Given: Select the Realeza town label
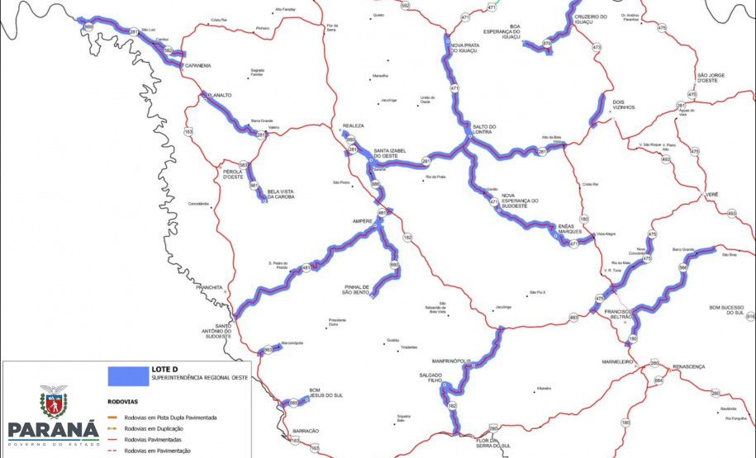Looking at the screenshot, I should (x=353, y=126).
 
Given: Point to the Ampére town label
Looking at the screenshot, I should (x=363, y=221).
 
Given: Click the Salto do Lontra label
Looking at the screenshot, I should (x=483, y=129).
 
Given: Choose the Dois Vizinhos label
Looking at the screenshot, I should (x=624, y=105).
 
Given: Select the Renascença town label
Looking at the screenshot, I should (x=687, y=365).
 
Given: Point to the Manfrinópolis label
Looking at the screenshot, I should (x=451, y=361).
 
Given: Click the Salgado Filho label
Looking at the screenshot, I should (x=429, y=378).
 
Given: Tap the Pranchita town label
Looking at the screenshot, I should (x=209, y=287).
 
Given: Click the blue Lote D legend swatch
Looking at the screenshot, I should (x=127, y=375).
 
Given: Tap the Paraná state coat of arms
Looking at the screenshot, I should (x=53, y=402).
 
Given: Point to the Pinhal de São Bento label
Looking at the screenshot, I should (x=360, y=289).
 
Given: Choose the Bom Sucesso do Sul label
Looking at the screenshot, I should (x=727, y=310).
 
